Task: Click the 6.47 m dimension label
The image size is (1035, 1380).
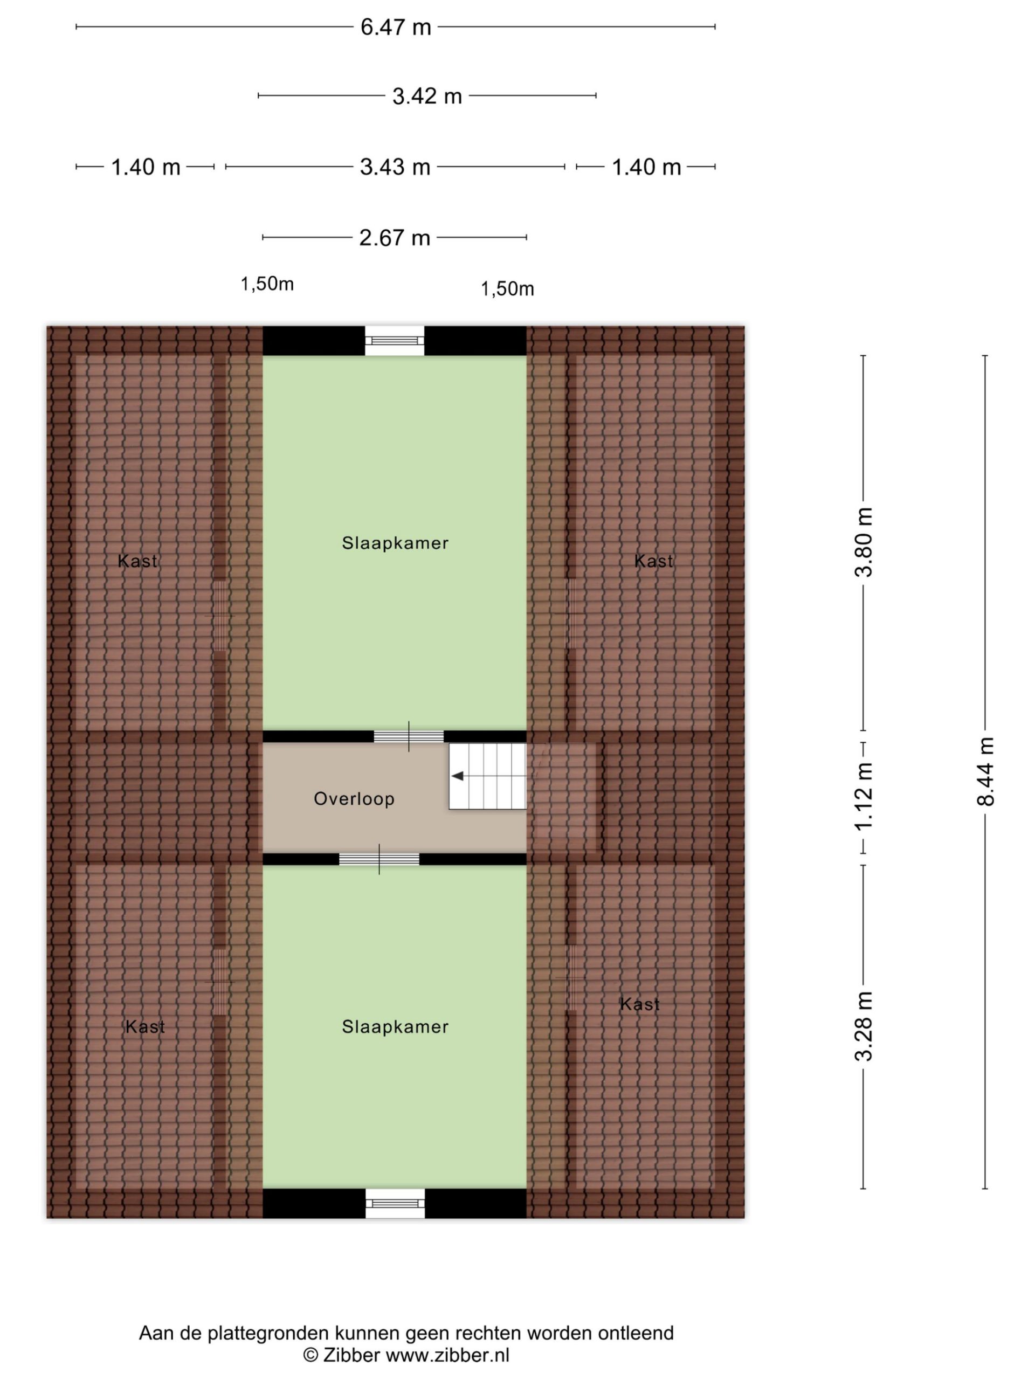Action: pos(396,27)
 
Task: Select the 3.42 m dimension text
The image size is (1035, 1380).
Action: pos(427,96)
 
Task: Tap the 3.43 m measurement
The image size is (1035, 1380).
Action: pos(395,167)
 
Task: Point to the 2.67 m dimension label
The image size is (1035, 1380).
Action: pos(394,238)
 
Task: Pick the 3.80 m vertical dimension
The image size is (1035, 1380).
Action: pos(864,542)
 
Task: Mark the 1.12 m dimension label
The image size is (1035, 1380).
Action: pos(864,798)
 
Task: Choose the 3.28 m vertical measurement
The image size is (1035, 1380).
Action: pos(864,1026)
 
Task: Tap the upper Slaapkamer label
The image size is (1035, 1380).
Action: pos(395,543)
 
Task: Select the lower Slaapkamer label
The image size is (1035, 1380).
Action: pos(395,1026)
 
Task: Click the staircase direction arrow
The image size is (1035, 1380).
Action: pos(457,776)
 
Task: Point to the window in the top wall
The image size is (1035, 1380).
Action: pos(394,341)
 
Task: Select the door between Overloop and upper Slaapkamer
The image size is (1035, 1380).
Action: pos(409,737)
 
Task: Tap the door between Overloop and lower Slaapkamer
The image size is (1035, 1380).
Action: pos(378,859)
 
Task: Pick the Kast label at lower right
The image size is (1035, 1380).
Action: pos(639,1004)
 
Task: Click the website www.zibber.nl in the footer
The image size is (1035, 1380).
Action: pos(447,1355)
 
